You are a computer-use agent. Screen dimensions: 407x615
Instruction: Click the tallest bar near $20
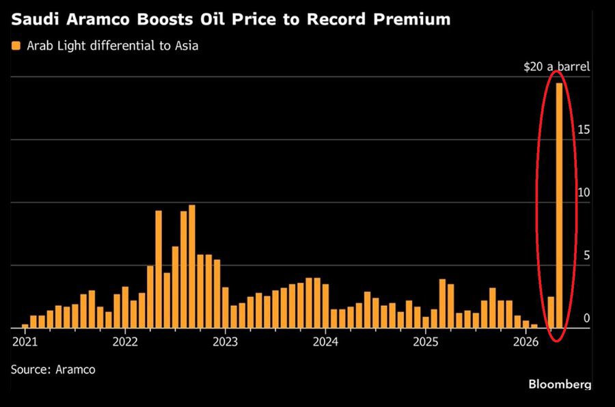point(559,205)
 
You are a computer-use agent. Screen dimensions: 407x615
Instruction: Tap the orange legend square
point(15,46)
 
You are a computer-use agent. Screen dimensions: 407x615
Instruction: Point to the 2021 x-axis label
point(25,341)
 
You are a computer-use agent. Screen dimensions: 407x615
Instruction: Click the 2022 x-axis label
point(125,341)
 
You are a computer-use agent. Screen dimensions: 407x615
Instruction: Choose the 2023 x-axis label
point(225,341)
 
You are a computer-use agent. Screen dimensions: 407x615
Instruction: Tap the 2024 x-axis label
point(325,341)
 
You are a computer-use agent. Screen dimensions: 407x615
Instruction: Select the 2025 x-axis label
point(425,341)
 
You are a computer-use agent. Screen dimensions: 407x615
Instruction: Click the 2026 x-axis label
point(525,341)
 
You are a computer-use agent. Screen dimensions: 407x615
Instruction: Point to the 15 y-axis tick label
point(583,130)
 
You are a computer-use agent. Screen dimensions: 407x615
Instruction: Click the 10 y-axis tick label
point(583,193)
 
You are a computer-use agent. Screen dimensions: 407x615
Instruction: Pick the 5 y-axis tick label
point(586,255)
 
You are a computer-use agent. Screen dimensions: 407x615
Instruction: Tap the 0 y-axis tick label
point(586,318)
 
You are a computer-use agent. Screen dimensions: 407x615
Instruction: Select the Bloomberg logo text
point(560,384)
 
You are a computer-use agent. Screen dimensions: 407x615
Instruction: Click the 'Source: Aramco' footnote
point(53,369)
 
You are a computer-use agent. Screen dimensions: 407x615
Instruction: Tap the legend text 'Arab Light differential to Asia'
point(113,46)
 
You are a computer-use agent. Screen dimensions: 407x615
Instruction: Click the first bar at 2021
point(25,326)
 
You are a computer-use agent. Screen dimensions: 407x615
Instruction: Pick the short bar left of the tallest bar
point(551,312)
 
